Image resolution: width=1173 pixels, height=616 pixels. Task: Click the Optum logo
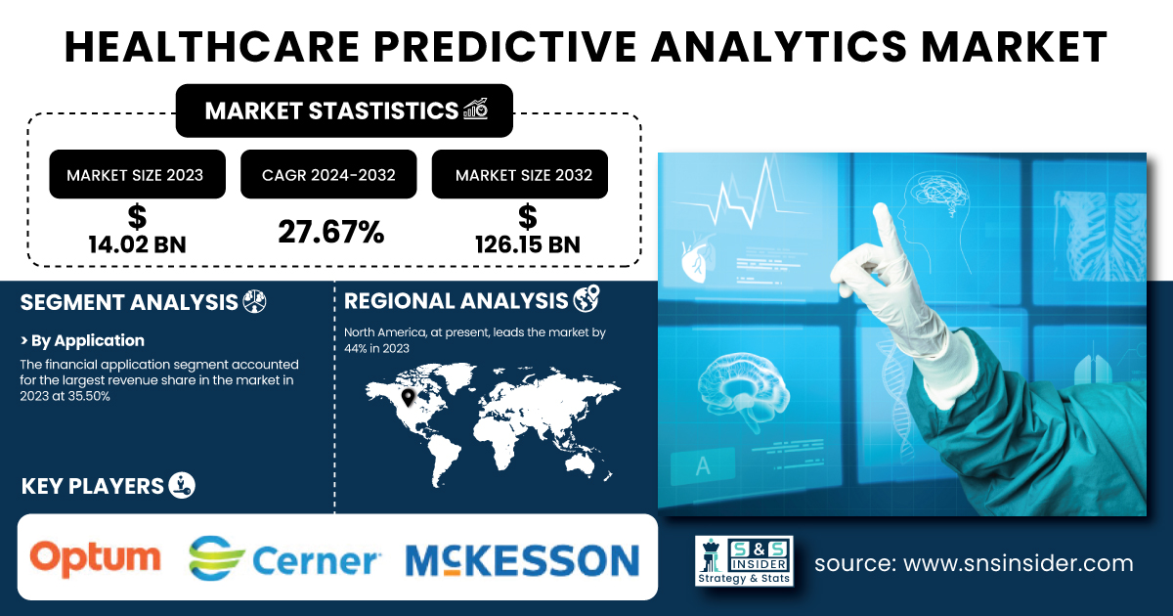pos(96,558)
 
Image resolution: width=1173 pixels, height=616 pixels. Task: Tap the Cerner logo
pos(283,558)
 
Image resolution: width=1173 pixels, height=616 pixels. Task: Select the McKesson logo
pos(522,560)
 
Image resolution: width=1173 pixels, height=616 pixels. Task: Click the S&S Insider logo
pos(744,560)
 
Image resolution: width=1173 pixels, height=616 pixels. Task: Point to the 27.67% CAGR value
pos(331,232)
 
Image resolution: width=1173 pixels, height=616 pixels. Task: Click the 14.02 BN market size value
pos(137,244)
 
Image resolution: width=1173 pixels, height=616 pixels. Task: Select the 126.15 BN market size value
pos(527,244)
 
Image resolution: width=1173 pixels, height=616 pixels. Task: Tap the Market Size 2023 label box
pos(137,174)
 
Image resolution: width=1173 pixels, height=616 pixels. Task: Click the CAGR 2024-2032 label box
pos(328,174)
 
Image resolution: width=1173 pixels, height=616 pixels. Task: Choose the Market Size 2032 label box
pos(519,174)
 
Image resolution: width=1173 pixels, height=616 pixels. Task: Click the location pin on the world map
pos(408,398)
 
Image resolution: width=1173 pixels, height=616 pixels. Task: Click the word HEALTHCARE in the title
pos(212,47)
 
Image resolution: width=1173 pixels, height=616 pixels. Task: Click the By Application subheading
pos(82,340)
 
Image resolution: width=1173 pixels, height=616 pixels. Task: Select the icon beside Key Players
pos(182,485)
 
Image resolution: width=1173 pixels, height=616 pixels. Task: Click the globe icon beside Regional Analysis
pos(586,298)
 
